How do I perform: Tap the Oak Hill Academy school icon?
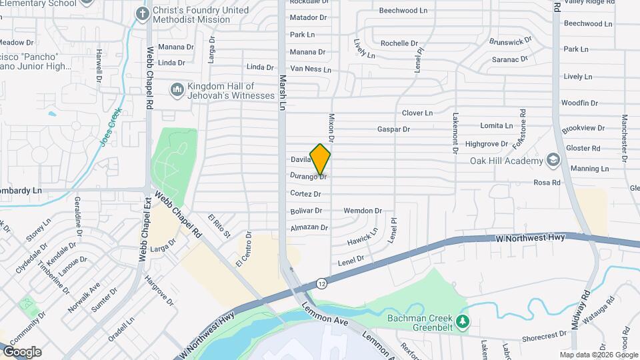(553, 160)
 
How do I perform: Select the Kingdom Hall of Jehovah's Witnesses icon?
(177, 89)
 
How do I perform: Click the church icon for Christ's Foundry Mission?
(143, 13)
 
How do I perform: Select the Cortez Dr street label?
(305, 194)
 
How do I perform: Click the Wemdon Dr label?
(363, 211)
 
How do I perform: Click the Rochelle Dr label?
(399, 43)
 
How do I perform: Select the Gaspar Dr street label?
(393, 129)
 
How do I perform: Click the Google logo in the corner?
(22, 352)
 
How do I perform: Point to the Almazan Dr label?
(309, 228)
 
